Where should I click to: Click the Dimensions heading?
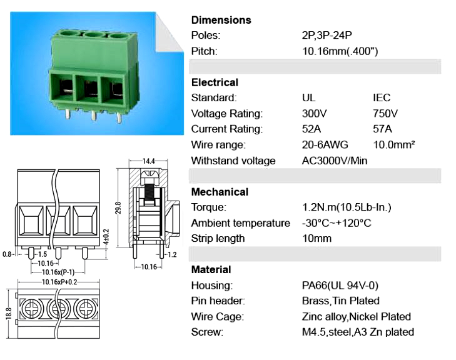(221, 20)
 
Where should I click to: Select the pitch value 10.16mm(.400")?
(340, 51)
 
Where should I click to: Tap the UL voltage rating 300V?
(314, 113)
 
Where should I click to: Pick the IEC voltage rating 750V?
(385, 113)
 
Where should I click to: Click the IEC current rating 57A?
(382, 129)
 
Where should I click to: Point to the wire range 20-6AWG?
(325, 145)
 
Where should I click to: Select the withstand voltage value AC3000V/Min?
(335, 161)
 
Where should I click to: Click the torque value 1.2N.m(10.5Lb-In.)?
(347, 207)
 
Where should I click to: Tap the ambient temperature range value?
(337, 223)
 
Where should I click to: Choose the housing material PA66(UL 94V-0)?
(340, 286)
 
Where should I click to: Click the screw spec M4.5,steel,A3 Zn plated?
(358, 332)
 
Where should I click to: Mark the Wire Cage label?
(217, 316)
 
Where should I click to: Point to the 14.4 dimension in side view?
(148, 161)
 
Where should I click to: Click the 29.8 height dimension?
(118, 208)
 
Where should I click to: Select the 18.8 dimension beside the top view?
(8, 314)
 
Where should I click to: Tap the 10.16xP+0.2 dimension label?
(59, 282)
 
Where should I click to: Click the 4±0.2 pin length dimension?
(106, 237)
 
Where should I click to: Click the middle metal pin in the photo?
(93, 116)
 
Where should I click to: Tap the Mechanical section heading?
(220, 192)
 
